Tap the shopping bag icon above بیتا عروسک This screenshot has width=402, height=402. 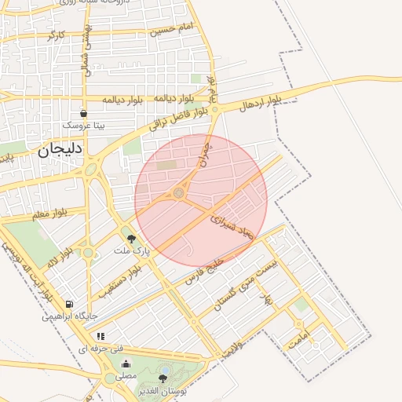tap(84, 113)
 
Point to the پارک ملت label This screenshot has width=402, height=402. tap(131, 251)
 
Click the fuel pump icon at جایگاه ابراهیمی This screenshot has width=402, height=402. tap(70, 304)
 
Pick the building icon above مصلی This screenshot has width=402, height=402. tap(126, 364)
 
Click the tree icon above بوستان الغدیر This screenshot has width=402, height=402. tap(163, 378)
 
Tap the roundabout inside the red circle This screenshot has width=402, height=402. tap(179, 192)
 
